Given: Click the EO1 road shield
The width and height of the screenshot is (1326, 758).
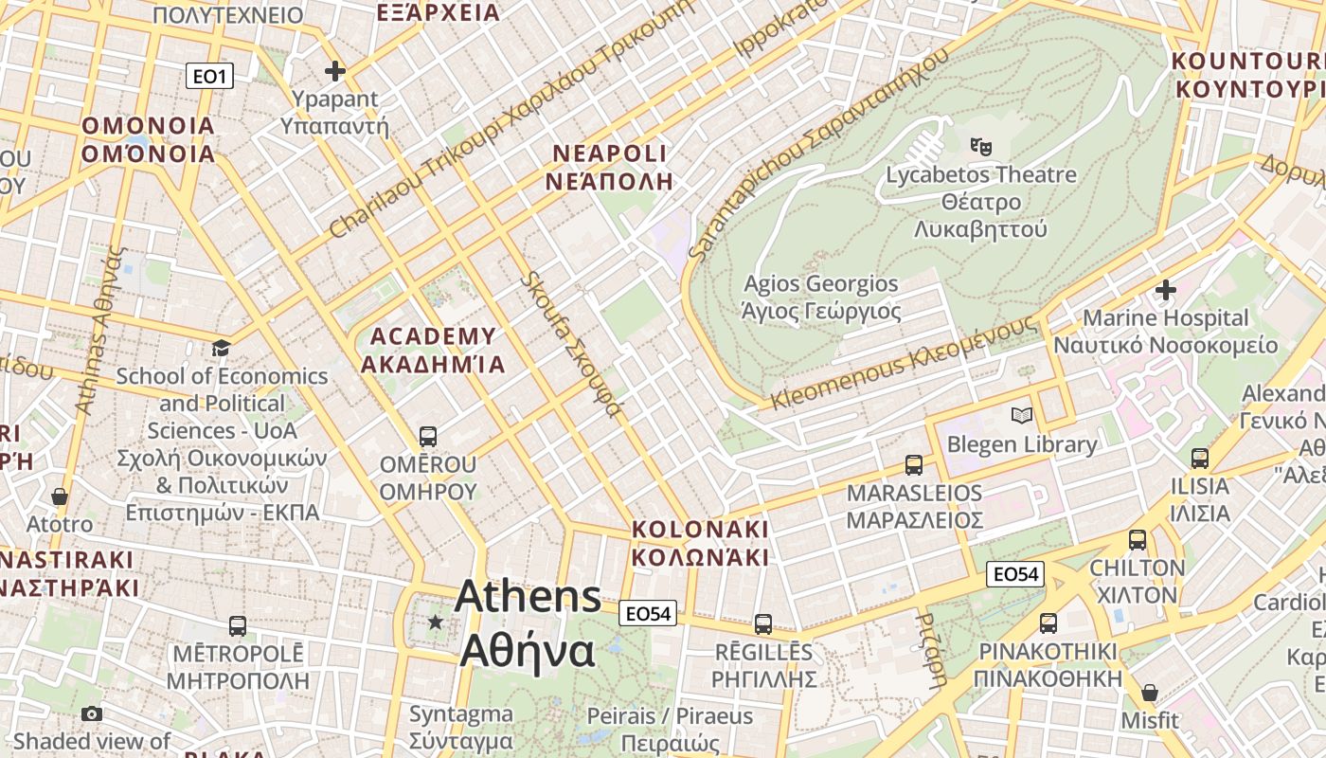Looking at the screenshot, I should pyautogui.click(x=208, y=76).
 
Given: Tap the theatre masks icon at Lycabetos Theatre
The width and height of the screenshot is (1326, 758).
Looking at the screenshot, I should pyautogui.click(x=981, y=146).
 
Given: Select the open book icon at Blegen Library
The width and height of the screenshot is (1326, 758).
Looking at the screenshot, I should pyautogui.click(x=1022, y=415).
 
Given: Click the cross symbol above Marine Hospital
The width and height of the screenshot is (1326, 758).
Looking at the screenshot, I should pyautogui.click(x=1166, y=289).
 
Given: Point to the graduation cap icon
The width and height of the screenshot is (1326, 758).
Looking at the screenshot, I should pyautogui.click(x=222, y=348).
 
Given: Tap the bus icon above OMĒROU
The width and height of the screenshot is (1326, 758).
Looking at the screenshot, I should pyautogui.click(x=428, y=437).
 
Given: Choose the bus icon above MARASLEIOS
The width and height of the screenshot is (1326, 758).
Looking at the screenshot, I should pyautogui.click(x=914, y=465).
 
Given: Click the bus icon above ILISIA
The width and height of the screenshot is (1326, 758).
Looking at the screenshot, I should pyautogui.click(x=1200, y=459).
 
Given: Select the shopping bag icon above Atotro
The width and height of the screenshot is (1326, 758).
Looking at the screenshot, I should pyautogui.click(x=60, y=496).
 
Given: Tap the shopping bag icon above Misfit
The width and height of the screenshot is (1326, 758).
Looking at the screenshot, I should pyautogui.click(x=1150, y=693).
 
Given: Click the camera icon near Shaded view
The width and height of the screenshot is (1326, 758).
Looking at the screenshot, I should pyautogui.click(x=92, y=713).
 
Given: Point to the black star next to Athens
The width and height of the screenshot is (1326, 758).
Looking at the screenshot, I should pyautogui.click(x=436, y=623).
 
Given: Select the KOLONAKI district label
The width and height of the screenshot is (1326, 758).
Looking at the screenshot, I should pyautogui.click(x=700, y=543).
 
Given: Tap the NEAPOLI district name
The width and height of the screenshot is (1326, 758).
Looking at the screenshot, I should pyautogui.click(x=610, y=167).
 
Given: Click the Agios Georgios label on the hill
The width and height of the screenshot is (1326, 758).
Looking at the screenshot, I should pyautogui.click(x=821, y=297).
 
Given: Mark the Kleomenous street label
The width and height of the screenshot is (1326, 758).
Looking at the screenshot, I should pyautogui.click(x=904, y=362).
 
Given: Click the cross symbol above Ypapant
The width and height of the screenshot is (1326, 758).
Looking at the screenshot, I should pyautogui.click(x=334, y=71).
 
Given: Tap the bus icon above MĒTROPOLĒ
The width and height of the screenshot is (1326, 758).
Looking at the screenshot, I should pyautogui.click(x=238, y=626).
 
